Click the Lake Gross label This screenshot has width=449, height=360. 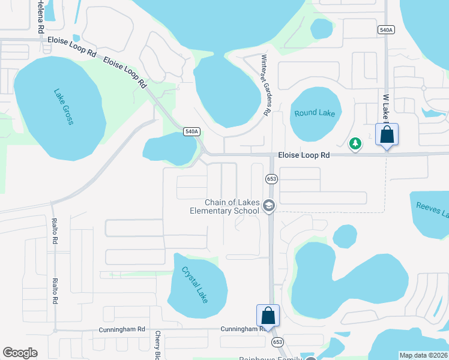tap(63, 107)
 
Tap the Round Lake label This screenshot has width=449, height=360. tap(315, 113)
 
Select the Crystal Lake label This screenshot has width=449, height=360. tap(194, 284)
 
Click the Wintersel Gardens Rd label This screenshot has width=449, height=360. tap(265, 85)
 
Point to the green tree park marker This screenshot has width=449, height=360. tap(355, 143)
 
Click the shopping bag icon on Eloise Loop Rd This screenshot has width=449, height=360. tap(387, 135)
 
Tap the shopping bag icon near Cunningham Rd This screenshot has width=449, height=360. tap(268, 316)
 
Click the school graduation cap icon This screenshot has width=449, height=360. tap(268, 206)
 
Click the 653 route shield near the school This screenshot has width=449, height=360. tap(271, 179)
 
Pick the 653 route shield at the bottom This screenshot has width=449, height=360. tap(277, 341)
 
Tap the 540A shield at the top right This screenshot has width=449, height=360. tap(386, 29)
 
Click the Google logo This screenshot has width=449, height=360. tap(20, 353)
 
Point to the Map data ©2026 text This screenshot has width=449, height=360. tap(423, 355)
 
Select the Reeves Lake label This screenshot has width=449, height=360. tap(432, 211)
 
